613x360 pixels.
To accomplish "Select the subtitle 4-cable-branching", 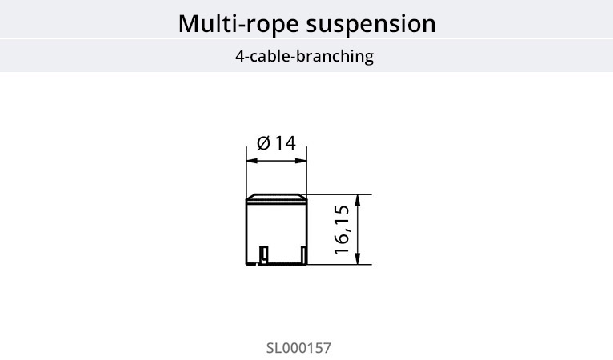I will (x=304, y=58).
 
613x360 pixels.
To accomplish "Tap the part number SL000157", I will (x=298, y=349).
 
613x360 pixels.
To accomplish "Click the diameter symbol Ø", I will (x=263, y=143).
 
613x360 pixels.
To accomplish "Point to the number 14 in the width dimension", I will (x=286, y=143).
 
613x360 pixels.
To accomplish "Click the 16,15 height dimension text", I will (x=343, y=230).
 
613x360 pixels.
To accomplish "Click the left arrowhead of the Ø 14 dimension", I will (x=250, y=161).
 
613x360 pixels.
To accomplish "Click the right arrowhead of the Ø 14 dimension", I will (x=303, y=161).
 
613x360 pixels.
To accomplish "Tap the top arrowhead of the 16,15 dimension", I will (x=358, y=198).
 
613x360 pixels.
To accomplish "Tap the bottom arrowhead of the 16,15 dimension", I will (x=358, y=259).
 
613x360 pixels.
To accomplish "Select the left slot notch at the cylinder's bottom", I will (x=262, y=255).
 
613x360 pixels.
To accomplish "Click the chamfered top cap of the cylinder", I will (x=276, y=198).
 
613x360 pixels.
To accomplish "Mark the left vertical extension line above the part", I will (x=246, y=172).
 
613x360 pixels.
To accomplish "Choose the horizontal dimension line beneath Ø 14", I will (x=276, y=161).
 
